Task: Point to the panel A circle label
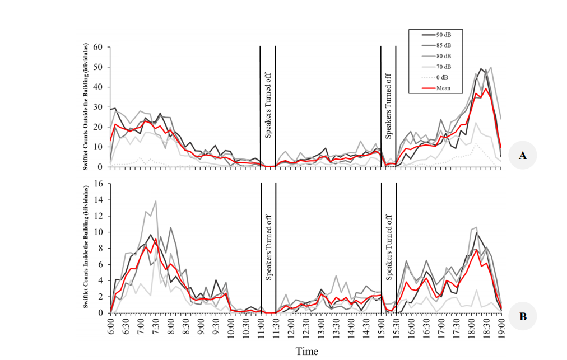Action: click(x=523, y=156)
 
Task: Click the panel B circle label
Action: click(x=523, y=316)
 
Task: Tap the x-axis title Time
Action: click(x=306, y=352)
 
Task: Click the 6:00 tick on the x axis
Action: click(x=111, y=327)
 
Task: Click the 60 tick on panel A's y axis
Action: click(x=99, y=47)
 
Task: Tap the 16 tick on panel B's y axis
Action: click(x=99, y=184)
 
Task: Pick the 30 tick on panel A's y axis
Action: click(x=99, y=107)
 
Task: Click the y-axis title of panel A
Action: click(x=88, y=106)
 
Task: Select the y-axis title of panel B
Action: click(x=88, y=247)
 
